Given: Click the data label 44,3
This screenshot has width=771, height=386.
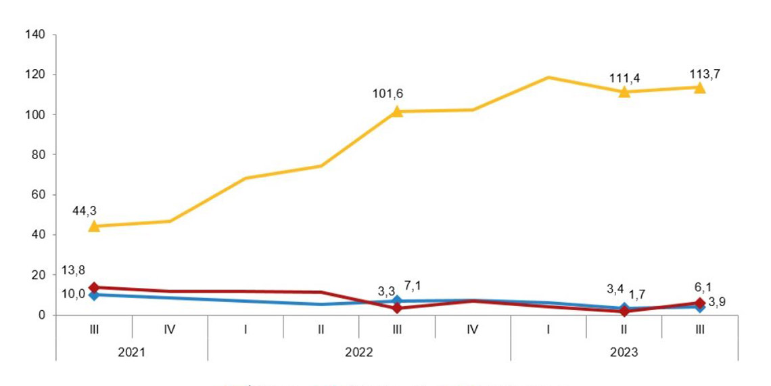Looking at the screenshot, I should point(85,211).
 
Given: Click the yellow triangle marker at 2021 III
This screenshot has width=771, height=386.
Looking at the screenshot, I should point(94,226).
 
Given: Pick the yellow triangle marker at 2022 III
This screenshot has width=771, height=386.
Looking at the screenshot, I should point(397,111).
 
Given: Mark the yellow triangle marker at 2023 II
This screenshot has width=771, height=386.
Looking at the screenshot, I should point(624,91).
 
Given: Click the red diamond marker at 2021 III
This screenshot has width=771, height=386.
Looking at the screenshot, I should point(94,288).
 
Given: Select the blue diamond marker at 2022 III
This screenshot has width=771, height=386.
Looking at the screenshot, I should point(397,301).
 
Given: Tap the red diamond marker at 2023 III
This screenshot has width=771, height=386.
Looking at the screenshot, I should point(700,303).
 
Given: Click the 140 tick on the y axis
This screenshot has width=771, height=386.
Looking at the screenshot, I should point(34,35).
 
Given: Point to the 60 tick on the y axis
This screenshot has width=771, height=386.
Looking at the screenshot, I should point(37,195).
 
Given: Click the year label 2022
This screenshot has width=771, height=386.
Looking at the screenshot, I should point(359,352).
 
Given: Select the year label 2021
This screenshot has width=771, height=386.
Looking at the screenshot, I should point(132,352).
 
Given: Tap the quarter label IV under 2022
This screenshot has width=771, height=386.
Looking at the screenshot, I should point(473,330).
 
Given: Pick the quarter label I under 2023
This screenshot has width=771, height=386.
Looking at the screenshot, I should point(548,330).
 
